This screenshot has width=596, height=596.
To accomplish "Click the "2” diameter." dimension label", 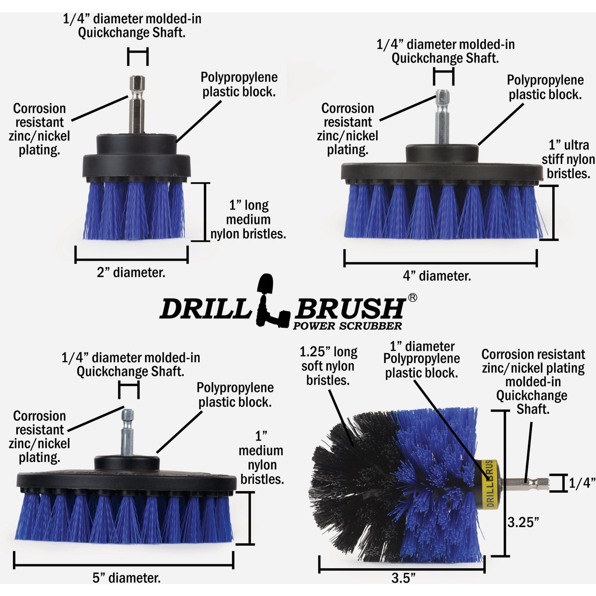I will coord(131,273).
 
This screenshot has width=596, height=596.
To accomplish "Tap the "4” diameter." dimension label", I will coord(437,276).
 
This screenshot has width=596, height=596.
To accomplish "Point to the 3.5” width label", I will coord(403,578).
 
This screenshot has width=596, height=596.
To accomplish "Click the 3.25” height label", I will coord(523,522).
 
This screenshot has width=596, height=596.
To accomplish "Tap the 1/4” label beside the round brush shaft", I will coord(582,483).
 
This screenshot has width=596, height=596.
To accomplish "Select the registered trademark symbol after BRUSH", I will coord(412,298).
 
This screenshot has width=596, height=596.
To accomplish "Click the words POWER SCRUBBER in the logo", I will coord(347,326).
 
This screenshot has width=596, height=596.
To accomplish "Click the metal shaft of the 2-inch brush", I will coord(137,104).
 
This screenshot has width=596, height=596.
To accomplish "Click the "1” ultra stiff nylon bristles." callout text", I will coord(568,159).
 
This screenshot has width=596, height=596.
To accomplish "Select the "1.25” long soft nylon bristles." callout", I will coord(328,366).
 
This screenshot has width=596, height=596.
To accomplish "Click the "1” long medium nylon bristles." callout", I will coord(248,220).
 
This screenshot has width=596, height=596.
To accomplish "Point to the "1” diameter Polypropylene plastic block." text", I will coord(422,360).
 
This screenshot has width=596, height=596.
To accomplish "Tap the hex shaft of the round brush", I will coord(526,482).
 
